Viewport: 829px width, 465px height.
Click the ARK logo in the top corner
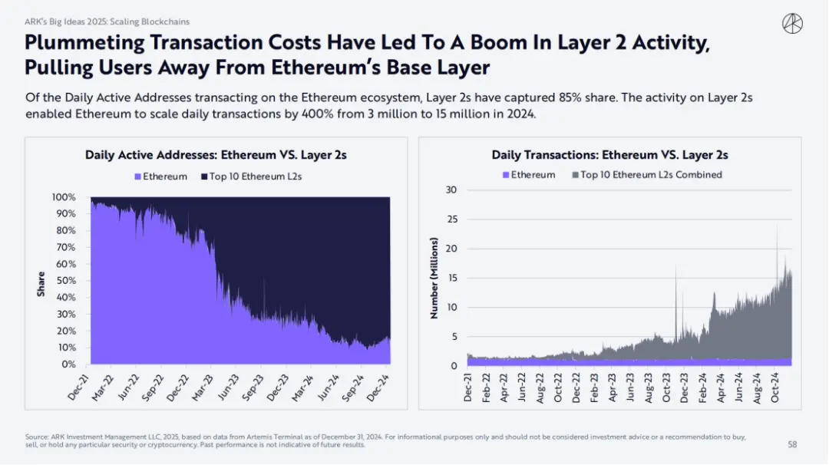click(792, 24)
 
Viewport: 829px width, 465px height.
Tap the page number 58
click(792, 444)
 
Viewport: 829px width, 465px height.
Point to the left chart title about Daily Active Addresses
click(216, 155)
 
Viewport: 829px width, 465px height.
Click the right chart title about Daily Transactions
click(609, 155)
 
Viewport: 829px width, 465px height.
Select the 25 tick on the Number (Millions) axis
click(452, 219)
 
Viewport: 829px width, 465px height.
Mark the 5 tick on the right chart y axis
click(454, 337)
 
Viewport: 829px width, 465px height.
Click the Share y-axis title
click(41, 284)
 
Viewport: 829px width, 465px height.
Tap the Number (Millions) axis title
click(434, 278)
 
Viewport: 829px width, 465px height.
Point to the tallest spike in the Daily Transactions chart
click(777, 226)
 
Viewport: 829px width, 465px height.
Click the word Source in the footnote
click(35, 437)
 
